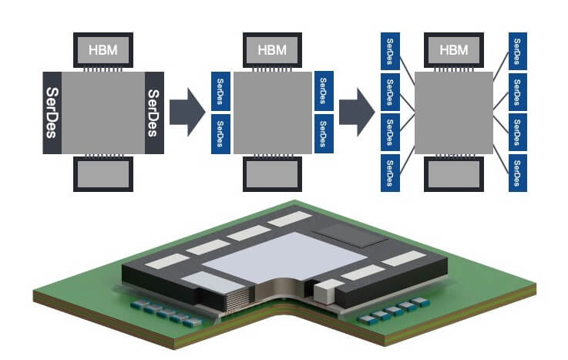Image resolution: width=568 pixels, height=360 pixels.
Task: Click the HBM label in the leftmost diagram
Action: [x=103, y=50]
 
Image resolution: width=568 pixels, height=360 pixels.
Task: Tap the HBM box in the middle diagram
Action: [x=272, y=50]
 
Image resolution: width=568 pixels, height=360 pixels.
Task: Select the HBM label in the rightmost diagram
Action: [x=454, y=50]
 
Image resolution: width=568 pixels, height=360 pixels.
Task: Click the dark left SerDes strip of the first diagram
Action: [x=52, y=113]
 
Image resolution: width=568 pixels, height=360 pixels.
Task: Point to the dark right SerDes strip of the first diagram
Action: [x=154, y=113]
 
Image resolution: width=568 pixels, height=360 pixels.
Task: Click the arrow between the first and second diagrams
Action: [x=187, y=112]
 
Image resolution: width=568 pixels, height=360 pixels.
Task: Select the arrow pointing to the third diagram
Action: [x=357, y=112]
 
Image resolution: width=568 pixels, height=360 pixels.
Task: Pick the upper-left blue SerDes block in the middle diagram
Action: [x=220, y=91]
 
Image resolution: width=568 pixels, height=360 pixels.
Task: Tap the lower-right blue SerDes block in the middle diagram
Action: [x=324, y=133]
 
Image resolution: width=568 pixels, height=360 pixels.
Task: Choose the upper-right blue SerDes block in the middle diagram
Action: [x=324, y=91]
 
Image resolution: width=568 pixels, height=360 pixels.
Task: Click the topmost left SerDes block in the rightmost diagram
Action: [x=390, y=51]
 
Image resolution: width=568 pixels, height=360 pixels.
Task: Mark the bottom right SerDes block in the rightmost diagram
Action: [x=518, y=173]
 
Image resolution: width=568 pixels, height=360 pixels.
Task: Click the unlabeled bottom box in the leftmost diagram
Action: [x=103, y=174]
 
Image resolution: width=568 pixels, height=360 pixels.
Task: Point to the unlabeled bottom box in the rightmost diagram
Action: [x=454, y=174]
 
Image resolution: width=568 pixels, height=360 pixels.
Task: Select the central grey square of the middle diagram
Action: [x=273, y=113]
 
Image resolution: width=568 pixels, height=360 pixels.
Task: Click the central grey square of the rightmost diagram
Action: [x=454, y=113]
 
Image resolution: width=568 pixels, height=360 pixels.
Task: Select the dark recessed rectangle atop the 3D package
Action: [x=351, y=234]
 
